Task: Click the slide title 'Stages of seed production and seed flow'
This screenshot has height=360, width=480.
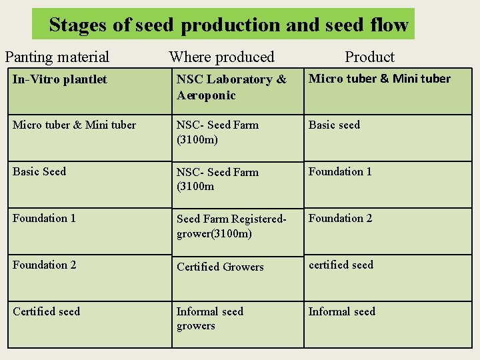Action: pyautogui.click(x=228, y=25)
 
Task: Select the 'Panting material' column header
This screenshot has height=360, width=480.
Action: pyautogui.click(x=57, y=57)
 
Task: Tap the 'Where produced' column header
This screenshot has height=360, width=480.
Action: pyautogui.click(x=221, y=57)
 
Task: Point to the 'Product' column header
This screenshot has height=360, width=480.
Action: pyautogui.click(x=369, y=57)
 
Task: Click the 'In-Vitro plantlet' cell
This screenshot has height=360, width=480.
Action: pyautogui.click(x=60, y=79)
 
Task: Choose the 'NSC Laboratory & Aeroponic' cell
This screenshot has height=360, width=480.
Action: pyautogui.click(x=231, y=87)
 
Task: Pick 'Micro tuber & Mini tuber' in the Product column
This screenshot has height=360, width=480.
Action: pyautogui.click(x=379, y=79)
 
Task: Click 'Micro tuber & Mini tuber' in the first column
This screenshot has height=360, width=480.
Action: pyautogui.click(x=74, y=125)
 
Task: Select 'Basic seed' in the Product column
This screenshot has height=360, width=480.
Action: pyautogui.click(x=334, y=125)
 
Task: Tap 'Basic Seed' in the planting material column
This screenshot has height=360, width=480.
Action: pyautogui.click(x=39, y=171)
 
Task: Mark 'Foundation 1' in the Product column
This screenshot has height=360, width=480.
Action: pyautogui.click(x=340, y=171)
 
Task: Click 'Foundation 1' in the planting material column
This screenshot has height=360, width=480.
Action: pyautogui.click(x=44, y=218)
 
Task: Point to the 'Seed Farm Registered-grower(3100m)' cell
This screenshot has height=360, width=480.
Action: pyautogui.click(x=231, y=226)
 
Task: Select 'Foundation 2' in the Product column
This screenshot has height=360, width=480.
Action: pyautogui.click(x=340, y=218)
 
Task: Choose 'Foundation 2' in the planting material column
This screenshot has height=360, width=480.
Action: pyautogui.click(x=44, y=265)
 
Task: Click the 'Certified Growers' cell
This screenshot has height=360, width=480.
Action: pyautogui.click(x=220, y=267)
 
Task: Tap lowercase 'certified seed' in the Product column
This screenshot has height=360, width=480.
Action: pyautogui.click(x=341, y=265)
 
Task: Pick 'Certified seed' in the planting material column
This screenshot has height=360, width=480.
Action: pyautogui.click(x=46, y=311)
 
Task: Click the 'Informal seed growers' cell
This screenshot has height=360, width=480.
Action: pyautogui.click(x=209, y=319)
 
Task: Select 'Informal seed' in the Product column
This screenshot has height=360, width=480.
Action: pyautogui.click(x=341, y=311)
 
